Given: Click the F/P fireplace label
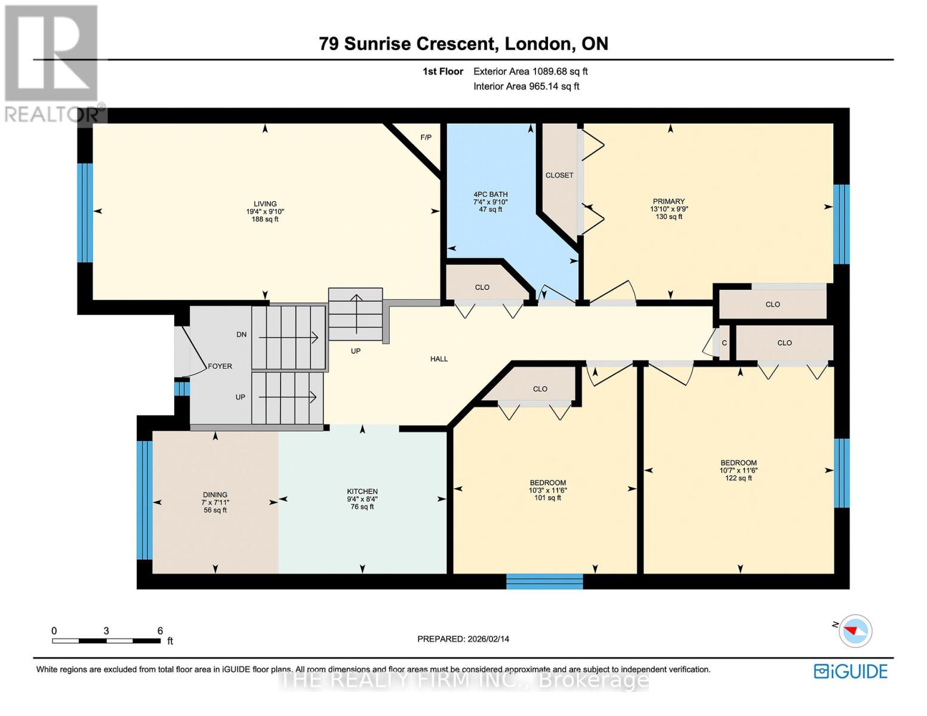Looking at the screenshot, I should tap(426, 137).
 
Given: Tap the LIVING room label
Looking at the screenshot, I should tap(265, 204).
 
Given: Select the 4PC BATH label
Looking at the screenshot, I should tap(490, 195).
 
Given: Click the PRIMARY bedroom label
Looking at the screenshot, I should tap(669, 202).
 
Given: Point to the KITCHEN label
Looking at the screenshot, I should tap(362, 492).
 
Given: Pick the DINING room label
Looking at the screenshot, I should tap(215, 495).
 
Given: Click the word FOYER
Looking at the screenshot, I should tap(220, 366).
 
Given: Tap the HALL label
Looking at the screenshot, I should tap(439, 359).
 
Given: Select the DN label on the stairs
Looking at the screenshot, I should tap(241, 335).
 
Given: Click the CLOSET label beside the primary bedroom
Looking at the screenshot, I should tap(559, 175).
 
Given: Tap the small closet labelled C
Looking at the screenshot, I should tap(724, 343).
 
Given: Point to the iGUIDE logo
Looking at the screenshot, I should tap(851, 671).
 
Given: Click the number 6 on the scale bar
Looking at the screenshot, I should tap(160, 631).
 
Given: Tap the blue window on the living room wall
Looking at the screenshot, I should tap(85, 212).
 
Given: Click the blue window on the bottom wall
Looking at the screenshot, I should tap(544, 582).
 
